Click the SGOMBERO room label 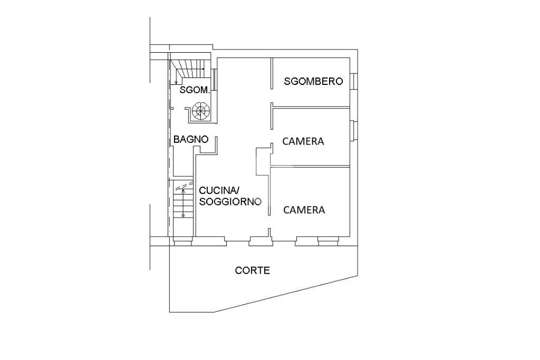(x=313, y=81)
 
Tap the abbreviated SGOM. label (x=195, y=90)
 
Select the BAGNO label (x=191, y=140)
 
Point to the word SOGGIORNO (x=230, y=201)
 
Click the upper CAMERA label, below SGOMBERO (x=303, y=141)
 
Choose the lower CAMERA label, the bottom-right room (x=304, y=210)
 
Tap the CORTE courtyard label (x=252, y=270)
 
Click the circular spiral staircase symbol (x=201, y=111)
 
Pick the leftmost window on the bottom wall (x=182, y=242)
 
